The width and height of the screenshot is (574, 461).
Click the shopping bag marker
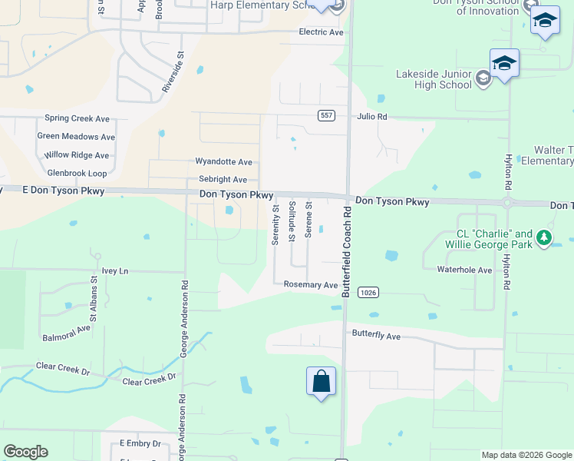tap(321, 380)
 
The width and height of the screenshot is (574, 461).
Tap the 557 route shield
tap(327, 115)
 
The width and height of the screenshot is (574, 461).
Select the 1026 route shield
tap(369, 292)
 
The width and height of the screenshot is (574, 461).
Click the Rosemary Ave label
tap(311, 285)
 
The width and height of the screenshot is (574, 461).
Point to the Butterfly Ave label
tap(376, 337)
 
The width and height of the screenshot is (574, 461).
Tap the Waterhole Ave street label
tap(464, 270)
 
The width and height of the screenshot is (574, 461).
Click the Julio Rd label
tap(372, 117)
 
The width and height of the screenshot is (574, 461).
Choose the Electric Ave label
tap(321, 32)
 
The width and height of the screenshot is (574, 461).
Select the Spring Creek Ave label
tap(78, 118)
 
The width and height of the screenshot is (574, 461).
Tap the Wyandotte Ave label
tap(224, 162)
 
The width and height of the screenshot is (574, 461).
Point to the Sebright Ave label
tap(223, 180)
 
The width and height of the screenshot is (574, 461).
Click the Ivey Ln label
tap(115, 271)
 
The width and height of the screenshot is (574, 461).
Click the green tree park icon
tap(544, 237)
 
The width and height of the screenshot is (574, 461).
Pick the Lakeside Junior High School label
tap(434, 79)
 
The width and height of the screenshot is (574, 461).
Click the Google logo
tap(25, 452)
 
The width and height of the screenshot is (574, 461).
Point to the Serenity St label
tap(275, 224)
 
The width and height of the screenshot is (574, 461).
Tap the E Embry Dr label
tap(140, 444)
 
